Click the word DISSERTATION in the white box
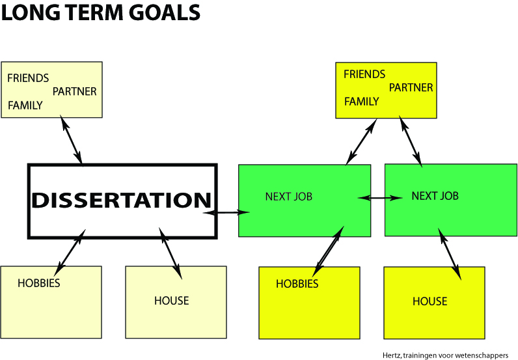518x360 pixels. pos(121,200)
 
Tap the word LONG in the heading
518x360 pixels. pos(31,12)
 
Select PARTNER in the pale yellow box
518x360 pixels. pos(75,91)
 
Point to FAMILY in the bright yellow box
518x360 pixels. pos(361,102)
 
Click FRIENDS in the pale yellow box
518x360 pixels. pos(28,78)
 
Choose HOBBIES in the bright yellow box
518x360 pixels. pos(297,284)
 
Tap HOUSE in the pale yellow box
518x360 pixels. pos(171,301)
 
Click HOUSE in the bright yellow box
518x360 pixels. pos(429,301)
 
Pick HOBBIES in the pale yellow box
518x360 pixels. pos(39,283)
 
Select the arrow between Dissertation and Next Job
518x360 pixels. pos(226,212)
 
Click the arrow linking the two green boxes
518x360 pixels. pos(380,198)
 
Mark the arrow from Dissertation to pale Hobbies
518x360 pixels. pos(70,253)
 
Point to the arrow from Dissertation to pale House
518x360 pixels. pos(170,253)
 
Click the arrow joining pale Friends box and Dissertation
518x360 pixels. pos(72,139)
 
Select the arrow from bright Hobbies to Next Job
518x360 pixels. pos(328,251)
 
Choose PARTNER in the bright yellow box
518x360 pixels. pos(411,88)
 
